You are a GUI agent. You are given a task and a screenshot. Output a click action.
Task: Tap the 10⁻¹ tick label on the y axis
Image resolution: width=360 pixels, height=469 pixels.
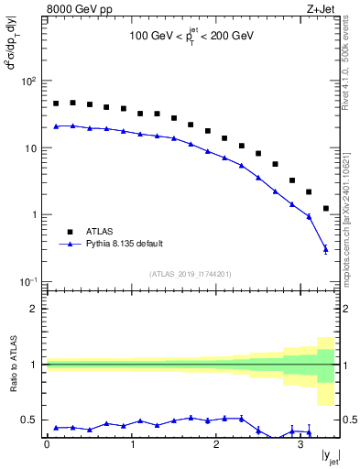coord(27,281)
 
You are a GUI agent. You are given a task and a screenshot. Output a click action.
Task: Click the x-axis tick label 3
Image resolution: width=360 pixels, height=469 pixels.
coord(300,444)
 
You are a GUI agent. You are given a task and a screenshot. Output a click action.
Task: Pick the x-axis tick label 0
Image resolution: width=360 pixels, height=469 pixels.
coord(47,444)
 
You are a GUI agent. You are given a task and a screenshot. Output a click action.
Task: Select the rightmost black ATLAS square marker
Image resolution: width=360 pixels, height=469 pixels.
coord(326,209)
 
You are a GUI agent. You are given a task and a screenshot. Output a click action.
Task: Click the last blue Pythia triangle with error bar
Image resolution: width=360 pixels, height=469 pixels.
coord(326,248)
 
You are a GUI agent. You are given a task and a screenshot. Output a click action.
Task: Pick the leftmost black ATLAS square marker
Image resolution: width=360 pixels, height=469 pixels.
coord(56,104)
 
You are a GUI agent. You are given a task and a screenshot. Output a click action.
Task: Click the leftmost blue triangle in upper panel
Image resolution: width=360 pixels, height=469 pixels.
coord(56,126)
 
